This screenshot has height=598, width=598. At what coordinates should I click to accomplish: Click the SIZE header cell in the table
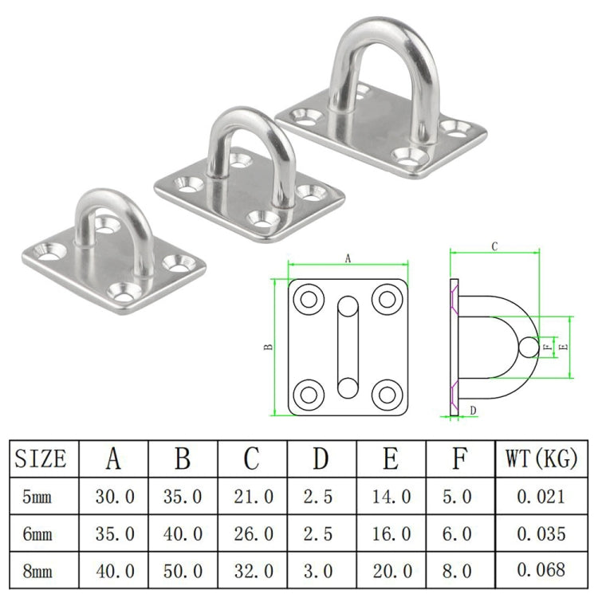41,459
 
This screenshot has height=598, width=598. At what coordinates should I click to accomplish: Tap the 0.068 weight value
540,569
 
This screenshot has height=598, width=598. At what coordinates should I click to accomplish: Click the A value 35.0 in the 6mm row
115,533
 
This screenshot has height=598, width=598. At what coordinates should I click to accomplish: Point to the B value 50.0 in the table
183,569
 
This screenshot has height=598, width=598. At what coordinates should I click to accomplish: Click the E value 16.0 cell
391,533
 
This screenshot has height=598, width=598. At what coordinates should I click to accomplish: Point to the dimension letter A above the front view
348,258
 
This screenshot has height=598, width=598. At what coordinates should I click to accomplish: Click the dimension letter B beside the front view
269,346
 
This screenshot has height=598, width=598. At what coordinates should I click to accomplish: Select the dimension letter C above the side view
494,247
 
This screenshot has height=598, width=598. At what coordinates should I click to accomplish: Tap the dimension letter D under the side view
473,411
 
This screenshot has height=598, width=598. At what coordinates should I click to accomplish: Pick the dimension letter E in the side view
564,347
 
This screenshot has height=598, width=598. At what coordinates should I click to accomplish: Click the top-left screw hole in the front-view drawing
307,301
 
